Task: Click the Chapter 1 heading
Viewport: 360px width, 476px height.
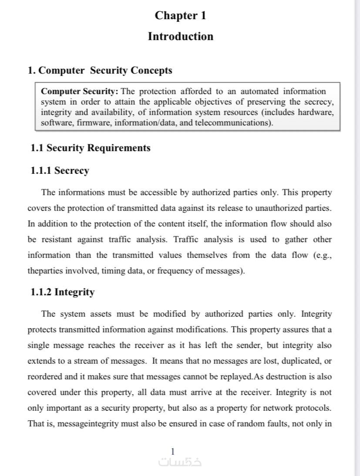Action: tap(180, 16)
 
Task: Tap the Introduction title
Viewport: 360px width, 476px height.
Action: tap(180, 36)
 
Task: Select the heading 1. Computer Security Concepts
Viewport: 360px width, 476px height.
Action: tap(100, 71)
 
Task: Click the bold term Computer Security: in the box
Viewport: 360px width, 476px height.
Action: tap(79, 91)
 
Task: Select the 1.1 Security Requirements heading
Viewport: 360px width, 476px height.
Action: tap(90, 148)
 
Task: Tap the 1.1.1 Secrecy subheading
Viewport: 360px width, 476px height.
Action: tap(60, 171)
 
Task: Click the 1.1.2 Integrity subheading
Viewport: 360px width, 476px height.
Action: tap(62, 292)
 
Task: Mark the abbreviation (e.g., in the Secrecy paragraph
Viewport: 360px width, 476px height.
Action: tap(322, 255)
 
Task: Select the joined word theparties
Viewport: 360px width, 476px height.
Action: tap(45, 271)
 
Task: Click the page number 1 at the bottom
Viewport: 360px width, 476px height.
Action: tap(173, 452)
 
